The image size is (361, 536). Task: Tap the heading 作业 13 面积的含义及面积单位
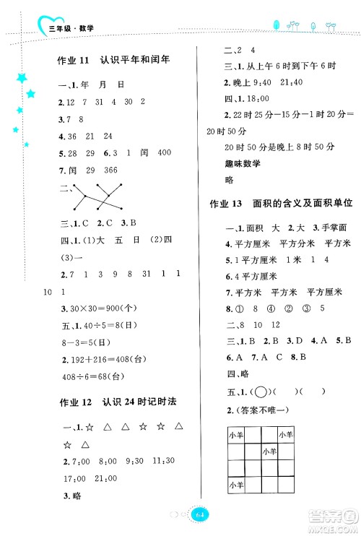click(277, 204)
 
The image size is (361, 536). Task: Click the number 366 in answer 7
click(114, 171)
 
